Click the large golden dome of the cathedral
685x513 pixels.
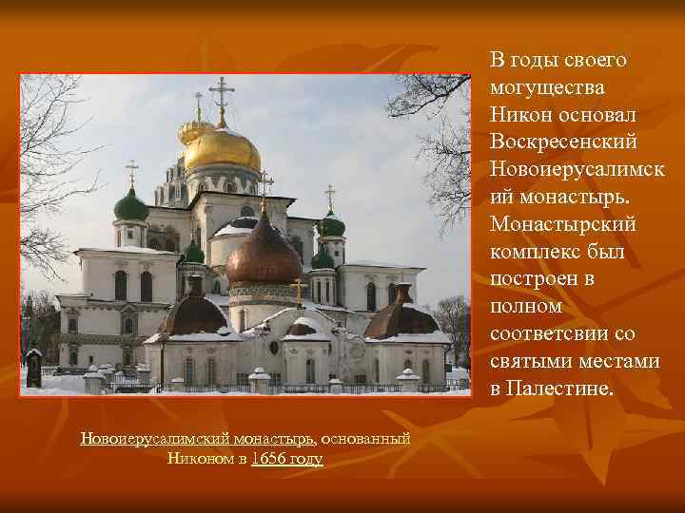222,150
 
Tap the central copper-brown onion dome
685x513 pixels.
264,256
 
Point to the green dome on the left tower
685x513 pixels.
131,206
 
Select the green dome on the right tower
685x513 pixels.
330,225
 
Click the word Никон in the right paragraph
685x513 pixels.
519,115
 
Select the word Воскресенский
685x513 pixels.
561,142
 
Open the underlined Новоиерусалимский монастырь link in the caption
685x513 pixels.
197,439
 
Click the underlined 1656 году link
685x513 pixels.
287,459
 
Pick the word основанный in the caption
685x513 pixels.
365,439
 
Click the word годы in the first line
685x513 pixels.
532,60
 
